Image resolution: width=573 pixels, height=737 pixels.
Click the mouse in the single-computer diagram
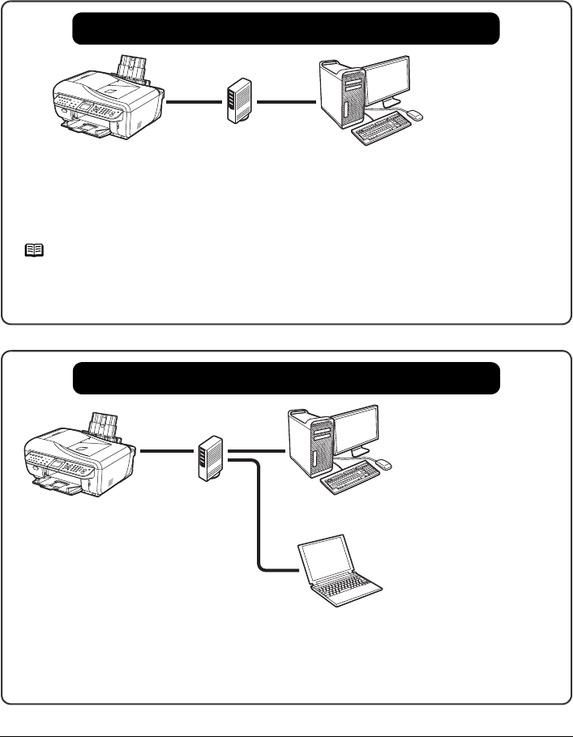(x=414, y=114)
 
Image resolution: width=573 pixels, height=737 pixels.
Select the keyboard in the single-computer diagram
(x=381, y=130)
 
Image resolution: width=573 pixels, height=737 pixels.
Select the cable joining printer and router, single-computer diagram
(x=195, y=103)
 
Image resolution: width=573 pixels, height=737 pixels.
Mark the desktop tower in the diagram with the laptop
(x=311, y=444)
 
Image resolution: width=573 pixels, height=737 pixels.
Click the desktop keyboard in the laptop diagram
(x=351, y=479)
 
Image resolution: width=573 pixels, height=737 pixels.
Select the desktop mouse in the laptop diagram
(x=384, y=464)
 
